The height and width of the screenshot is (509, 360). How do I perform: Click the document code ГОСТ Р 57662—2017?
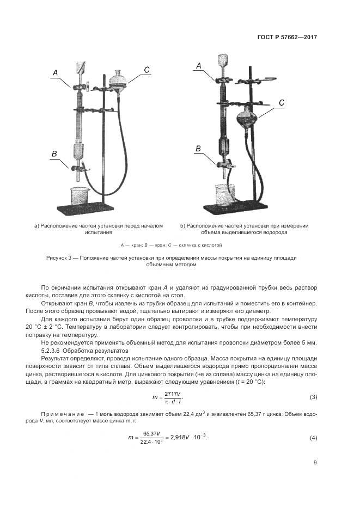(x=287, y=38)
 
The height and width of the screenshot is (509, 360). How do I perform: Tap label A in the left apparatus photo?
(x=55, y=72)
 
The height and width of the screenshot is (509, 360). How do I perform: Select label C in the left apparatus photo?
(x=147, y=69)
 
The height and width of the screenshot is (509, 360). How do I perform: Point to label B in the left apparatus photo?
(x=54, y=155)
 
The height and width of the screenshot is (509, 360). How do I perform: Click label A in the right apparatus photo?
(x=199, y=66)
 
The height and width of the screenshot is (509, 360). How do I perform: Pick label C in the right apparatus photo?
(x=282, y=102)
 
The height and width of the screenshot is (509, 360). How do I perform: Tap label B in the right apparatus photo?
(x=198, y=149)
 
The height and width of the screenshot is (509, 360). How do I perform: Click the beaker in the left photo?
(x=81, y=197)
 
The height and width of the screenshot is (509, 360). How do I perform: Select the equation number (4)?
(x=313, y=438)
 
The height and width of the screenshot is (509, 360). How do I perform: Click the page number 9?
(x=315, y=463)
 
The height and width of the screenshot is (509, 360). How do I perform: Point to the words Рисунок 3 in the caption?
(x=62, y=257)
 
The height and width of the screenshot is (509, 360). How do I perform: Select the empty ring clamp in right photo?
(x=264, y=81)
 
